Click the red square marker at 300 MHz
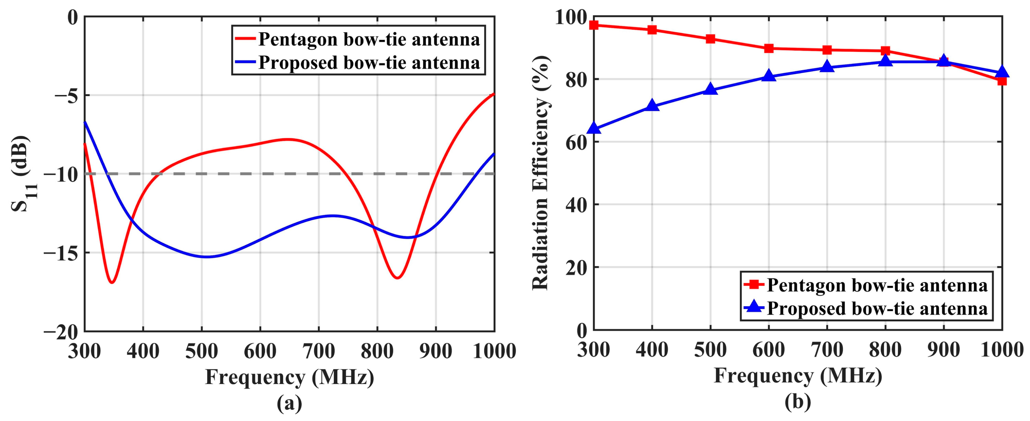click(x=594, y=25)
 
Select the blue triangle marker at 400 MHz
click(x=652, y=106)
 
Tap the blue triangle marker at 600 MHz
click(x=769, y=76)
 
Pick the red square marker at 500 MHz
click(x=710, y=39)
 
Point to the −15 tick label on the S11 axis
click(x=61, y=253)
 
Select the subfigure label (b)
click(x=797, y=402)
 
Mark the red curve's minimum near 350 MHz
click(x=112, y=283)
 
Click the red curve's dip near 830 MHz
click(x=397, y=278)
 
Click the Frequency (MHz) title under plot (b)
click(x=798, y=377)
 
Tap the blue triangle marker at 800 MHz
click(x=885, y=61)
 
